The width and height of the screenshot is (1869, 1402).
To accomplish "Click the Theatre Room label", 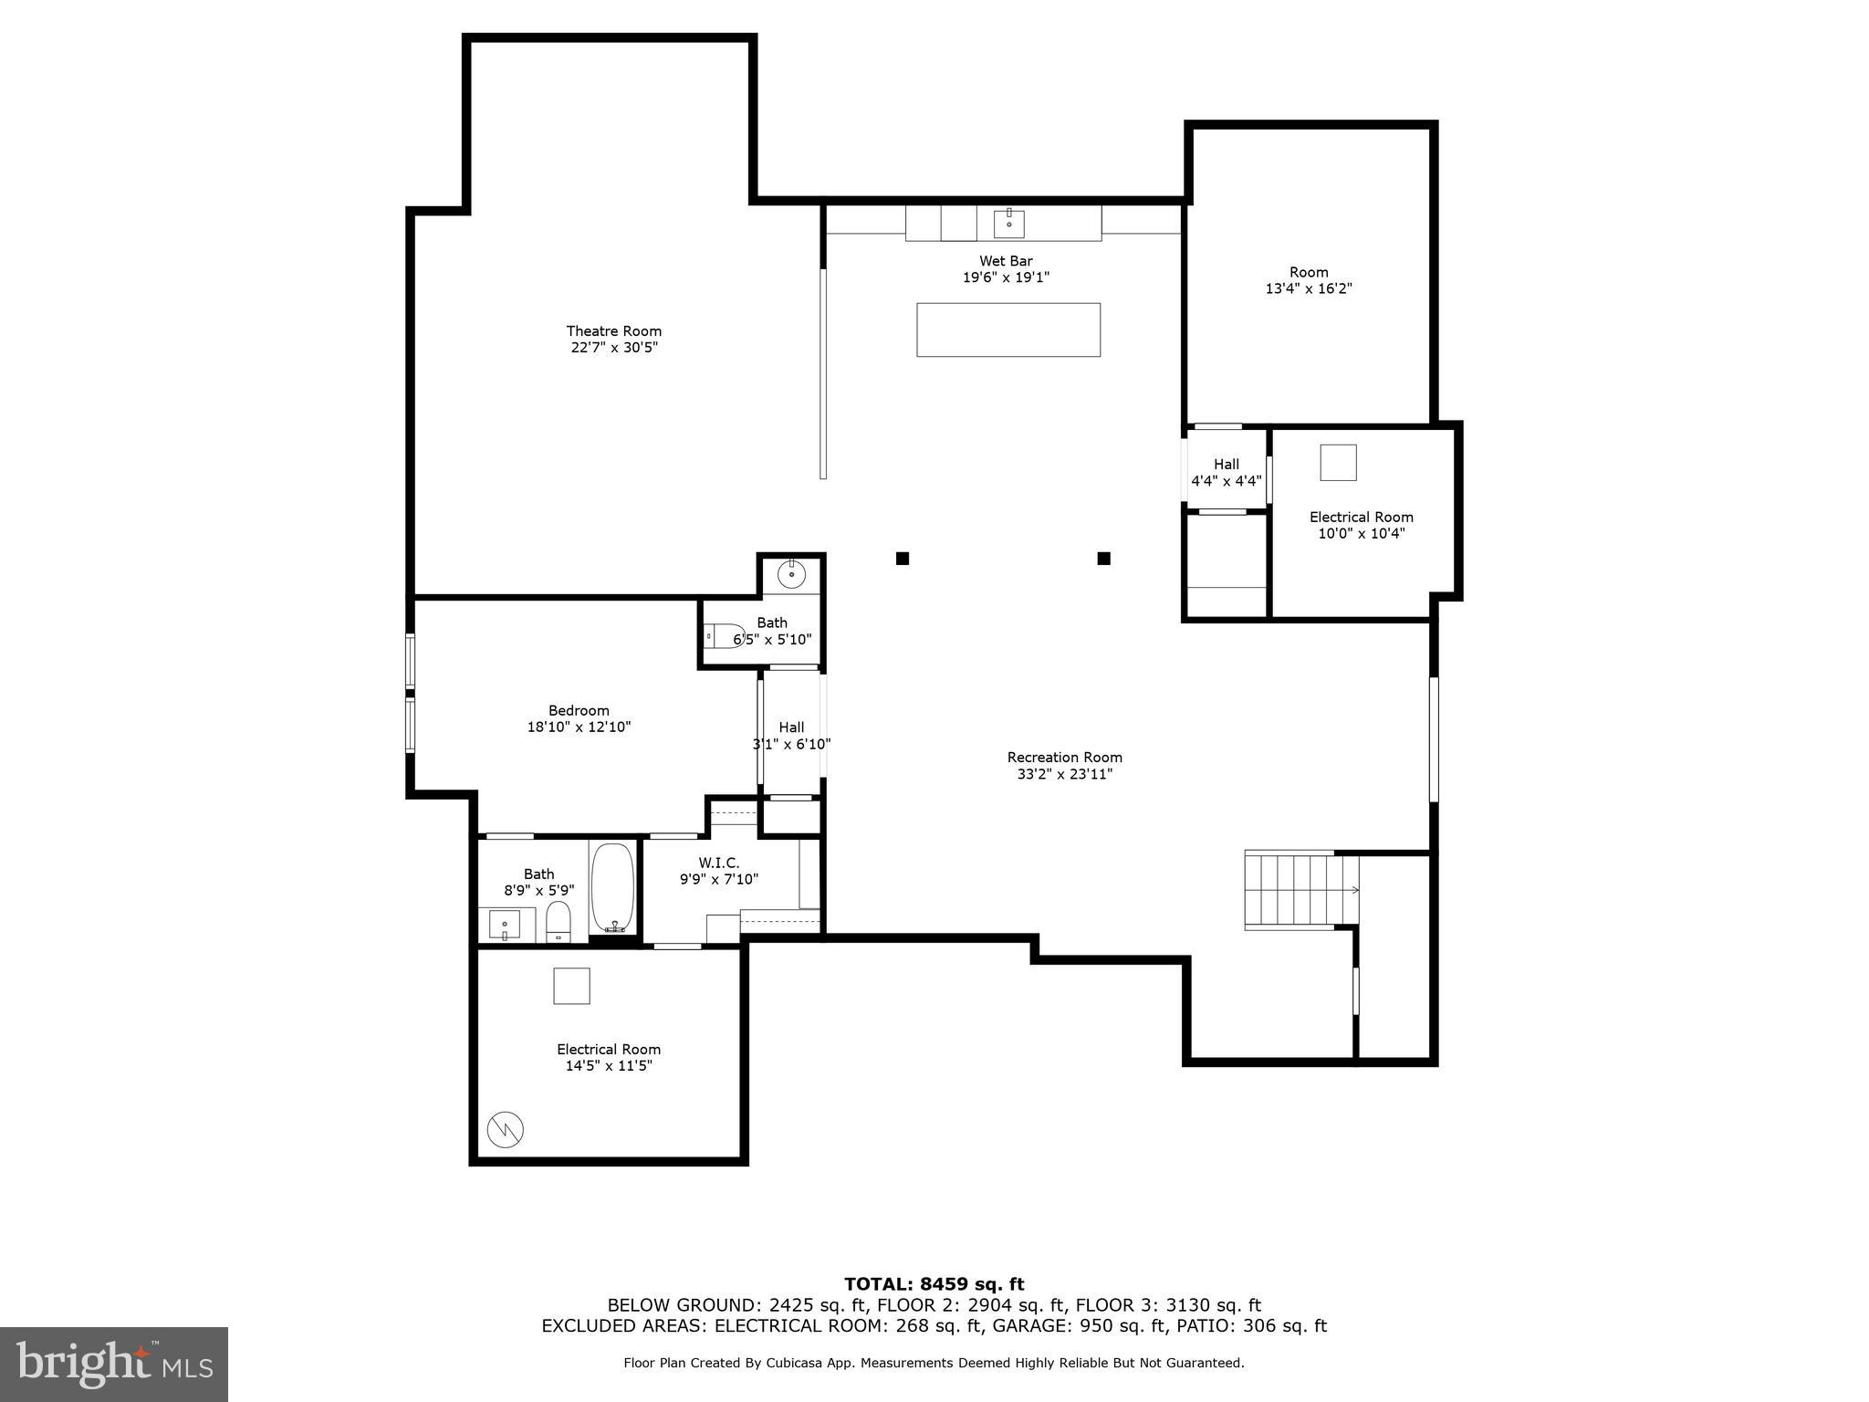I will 613,330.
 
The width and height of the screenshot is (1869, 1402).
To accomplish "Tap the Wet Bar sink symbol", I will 1008,222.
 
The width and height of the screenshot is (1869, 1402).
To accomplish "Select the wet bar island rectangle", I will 1008,330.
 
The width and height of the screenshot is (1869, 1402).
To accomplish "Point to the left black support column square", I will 902,558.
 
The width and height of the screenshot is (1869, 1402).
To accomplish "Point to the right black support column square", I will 1103,558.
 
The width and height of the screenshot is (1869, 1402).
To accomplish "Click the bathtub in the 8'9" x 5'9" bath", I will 612,887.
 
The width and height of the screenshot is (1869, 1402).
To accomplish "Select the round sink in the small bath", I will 791,575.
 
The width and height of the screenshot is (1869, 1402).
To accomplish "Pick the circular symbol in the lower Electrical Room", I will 505,1129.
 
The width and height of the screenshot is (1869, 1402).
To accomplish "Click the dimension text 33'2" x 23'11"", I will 1064,774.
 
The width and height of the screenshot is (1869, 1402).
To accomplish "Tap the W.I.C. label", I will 719,863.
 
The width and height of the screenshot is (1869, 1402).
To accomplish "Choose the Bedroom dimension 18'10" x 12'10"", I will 579,727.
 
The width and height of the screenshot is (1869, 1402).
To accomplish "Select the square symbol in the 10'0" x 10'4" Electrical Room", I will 1338,463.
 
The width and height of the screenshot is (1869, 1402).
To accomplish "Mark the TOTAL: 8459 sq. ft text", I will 934,1284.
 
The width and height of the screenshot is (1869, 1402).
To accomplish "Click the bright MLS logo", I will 113,1364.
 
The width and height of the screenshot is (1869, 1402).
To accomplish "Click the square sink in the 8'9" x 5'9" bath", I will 504,925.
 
